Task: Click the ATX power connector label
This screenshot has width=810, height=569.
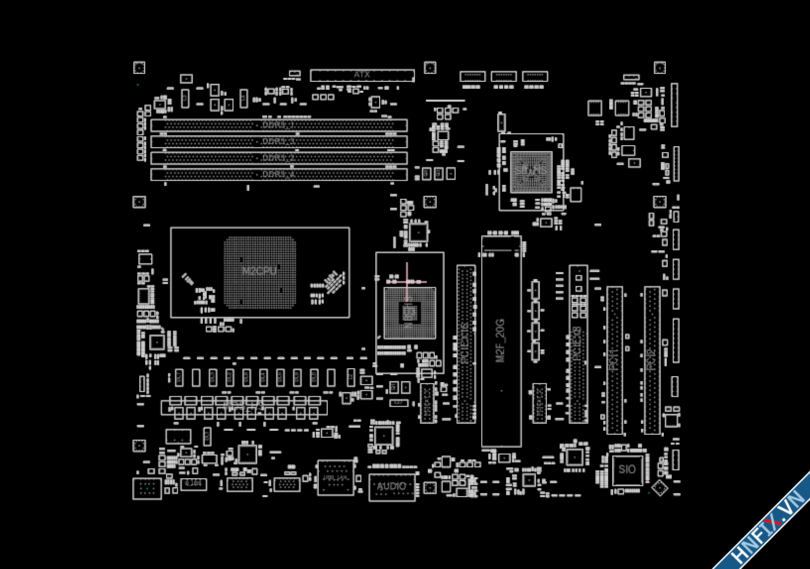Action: tap(362, 75)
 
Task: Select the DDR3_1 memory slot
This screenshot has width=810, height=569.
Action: tap(279, 125)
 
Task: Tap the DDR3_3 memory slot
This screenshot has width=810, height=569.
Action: tap(279, 142)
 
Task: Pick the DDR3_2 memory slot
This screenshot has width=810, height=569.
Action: tap(279, 158)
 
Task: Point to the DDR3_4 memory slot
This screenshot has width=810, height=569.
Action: tap(279, 174)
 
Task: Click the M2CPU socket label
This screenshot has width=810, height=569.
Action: tap(259, 271)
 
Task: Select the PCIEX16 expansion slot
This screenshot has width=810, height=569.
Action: tap(465, 343)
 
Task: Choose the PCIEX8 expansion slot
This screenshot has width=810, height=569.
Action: tap(578, 343)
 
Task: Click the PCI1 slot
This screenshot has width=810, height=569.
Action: tap(614, 360)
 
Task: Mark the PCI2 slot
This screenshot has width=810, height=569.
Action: tap(651, 360)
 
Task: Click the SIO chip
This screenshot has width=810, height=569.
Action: tap(627, 469)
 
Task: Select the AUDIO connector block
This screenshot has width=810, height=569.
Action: tap(392, 487)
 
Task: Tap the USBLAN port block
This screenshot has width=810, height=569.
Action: tap(336, 478)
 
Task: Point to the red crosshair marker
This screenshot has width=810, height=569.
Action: tap(407, 282)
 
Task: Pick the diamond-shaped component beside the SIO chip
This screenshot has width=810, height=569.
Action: tap(660, 488)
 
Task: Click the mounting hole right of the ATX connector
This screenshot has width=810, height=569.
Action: tap(430, 68)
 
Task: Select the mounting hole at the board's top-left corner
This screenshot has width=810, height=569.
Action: tap(139, 68)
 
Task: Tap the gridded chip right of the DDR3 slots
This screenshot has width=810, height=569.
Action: tap(531, 171)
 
